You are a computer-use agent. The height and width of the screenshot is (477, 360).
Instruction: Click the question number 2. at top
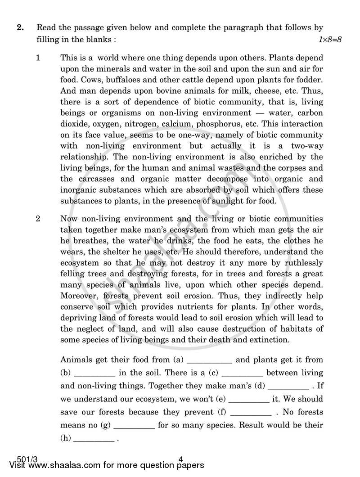(20, 28)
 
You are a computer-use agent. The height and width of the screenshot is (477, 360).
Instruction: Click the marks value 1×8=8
(330, 40)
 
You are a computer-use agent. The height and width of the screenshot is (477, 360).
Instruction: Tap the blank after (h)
(94, 440)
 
